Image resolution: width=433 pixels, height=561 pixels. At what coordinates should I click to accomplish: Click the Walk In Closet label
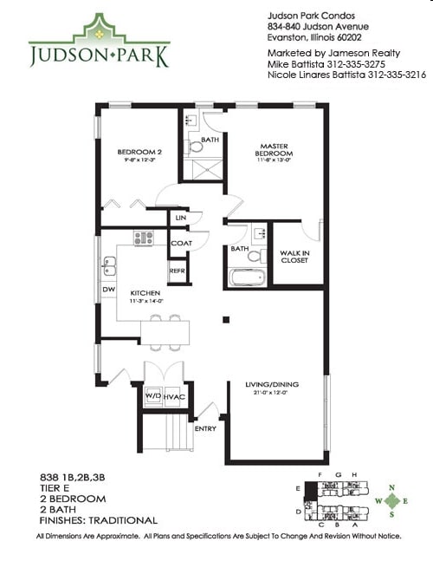pyautogui.click(x=295, y=257)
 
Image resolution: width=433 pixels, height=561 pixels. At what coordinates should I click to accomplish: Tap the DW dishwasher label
pyautogui.click(x=109, y=289)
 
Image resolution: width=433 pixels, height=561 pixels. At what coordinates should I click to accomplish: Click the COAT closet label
pyautogui.click(x=181, y=244)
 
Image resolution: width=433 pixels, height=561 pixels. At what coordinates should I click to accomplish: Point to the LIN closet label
pyautogui.click(x=180, y=218)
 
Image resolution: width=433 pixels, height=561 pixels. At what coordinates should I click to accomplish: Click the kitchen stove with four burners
pyautogui.click(x=144, y=238)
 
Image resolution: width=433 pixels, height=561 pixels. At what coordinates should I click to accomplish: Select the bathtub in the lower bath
pyautogui.click(x=249, y=278)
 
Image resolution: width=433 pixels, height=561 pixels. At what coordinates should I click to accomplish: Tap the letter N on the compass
pyautogui.click(x=395, y=487)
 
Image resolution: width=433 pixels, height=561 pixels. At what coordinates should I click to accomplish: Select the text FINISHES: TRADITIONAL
pyautogui.click(x=99, y=521)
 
